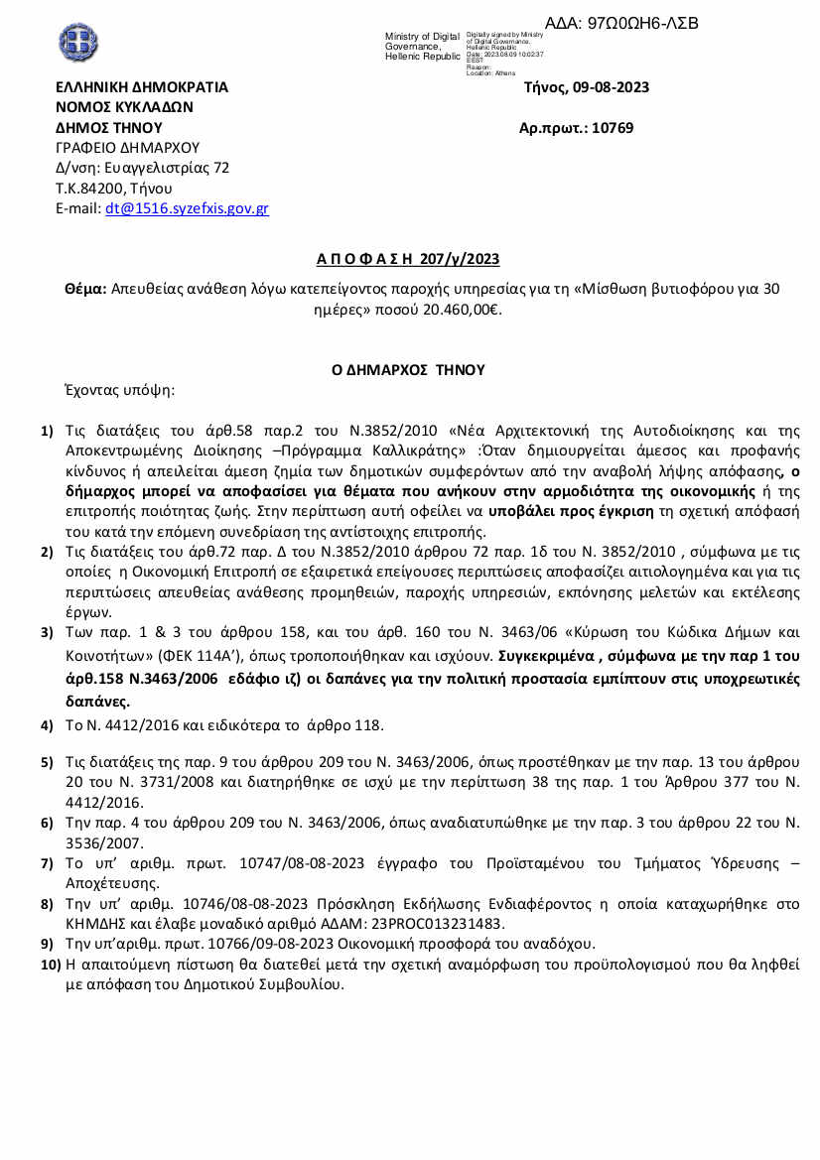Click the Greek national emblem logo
[x=78, y=42]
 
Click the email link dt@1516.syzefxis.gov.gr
[x=187, y=209]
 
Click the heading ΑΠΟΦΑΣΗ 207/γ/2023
[x=408, y=260]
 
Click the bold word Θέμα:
[x=85, y=289]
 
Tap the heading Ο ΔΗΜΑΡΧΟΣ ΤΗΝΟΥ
[x=408, y=370]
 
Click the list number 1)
[x=47, y=432]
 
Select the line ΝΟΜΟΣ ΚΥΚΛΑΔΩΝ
[x=124, y=107]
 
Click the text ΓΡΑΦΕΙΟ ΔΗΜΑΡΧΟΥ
[x=127, y=148]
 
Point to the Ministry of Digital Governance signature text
[x=422, y=47]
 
